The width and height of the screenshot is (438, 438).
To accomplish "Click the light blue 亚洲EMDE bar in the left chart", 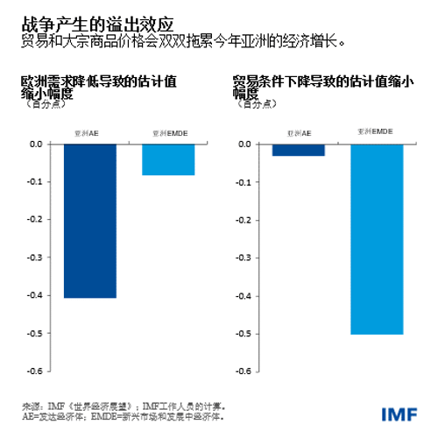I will coord(167,159).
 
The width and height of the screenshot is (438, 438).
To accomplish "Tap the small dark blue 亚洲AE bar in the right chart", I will coord(298,150).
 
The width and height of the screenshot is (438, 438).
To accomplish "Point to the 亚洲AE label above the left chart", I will coord(89,132).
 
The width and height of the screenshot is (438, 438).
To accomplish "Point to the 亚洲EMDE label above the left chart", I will coord(167,132).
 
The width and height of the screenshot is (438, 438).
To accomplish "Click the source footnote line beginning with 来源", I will coord(124,406).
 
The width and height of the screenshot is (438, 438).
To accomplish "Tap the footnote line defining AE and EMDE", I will coord(122,417).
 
